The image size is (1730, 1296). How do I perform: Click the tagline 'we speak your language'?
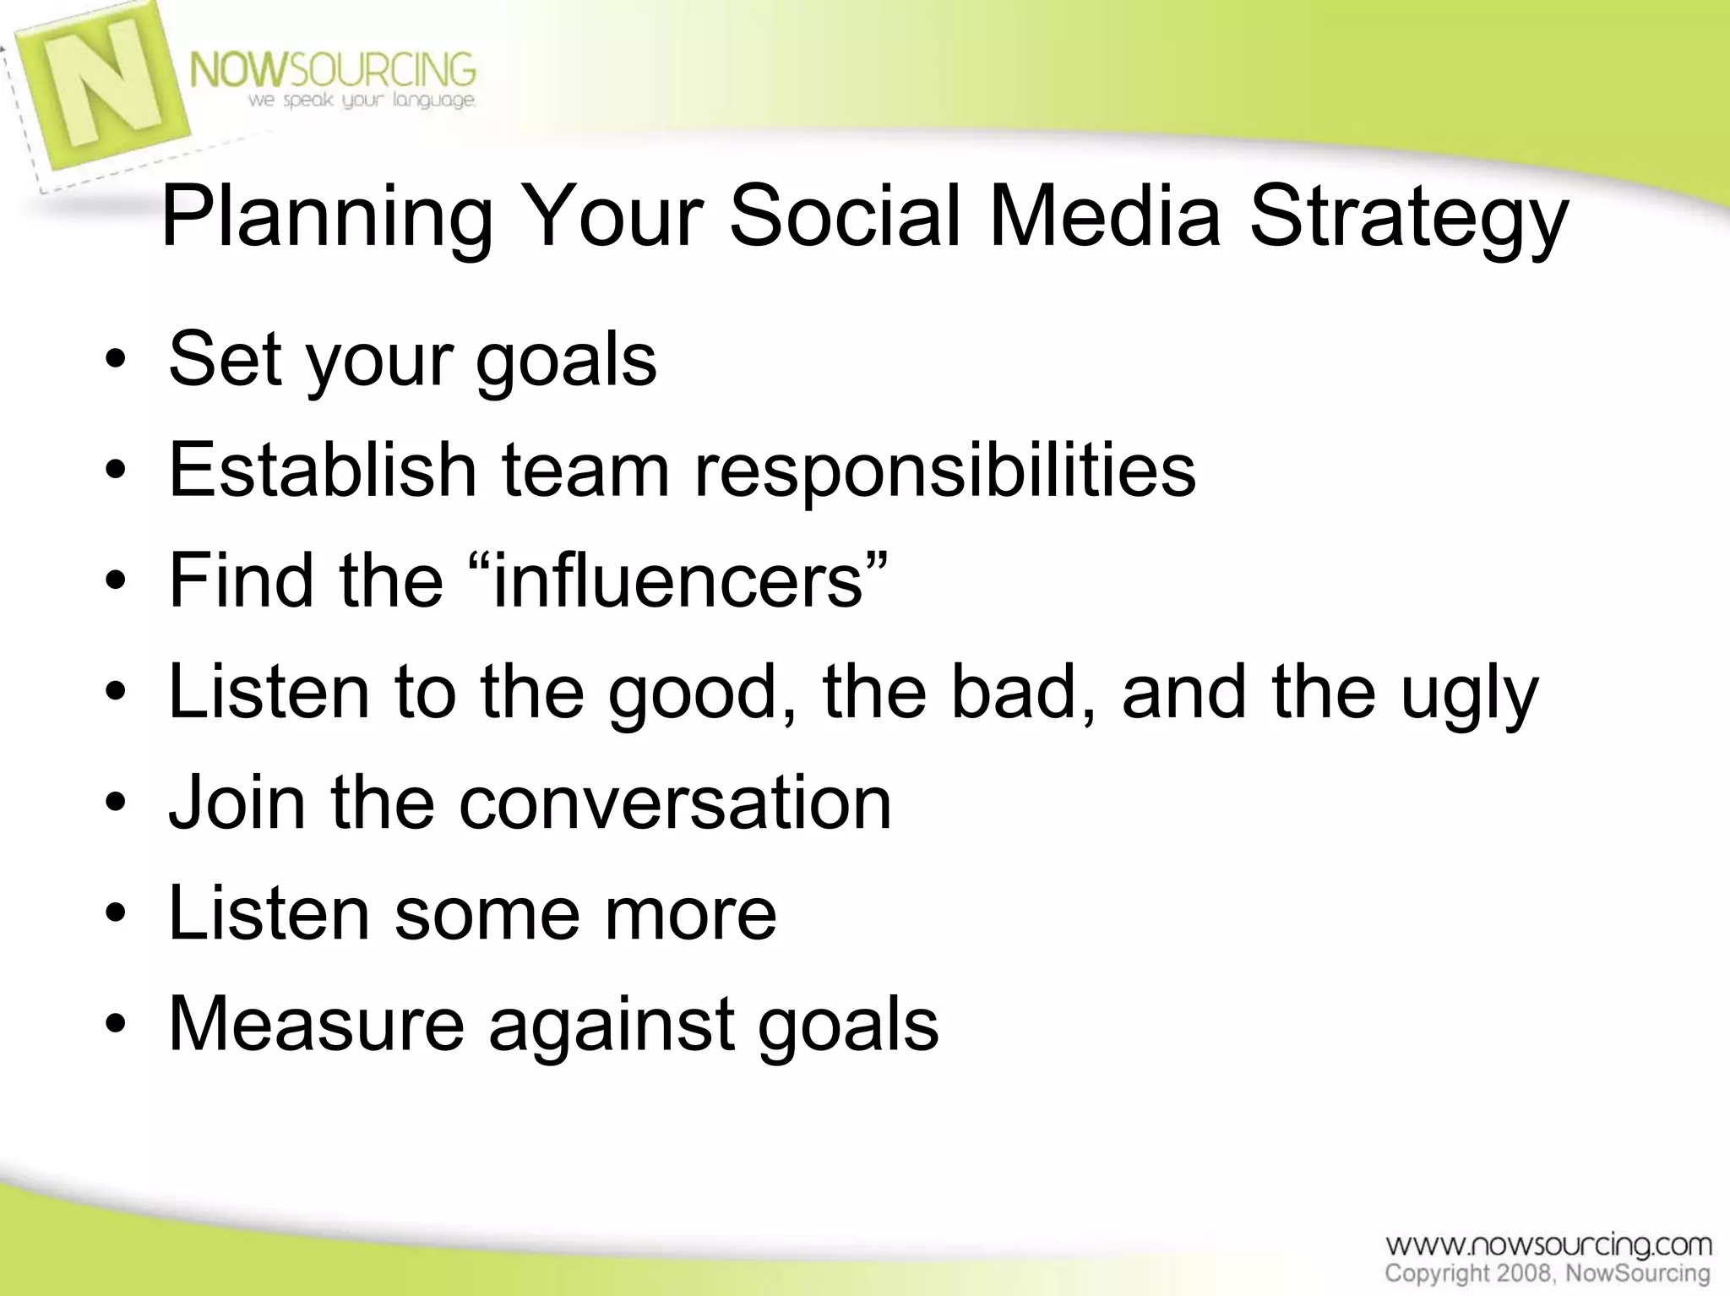(362, 101)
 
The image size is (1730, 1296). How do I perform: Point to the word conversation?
(675, 803)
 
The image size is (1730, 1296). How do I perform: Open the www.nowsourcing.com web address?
(1548, 1245)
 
